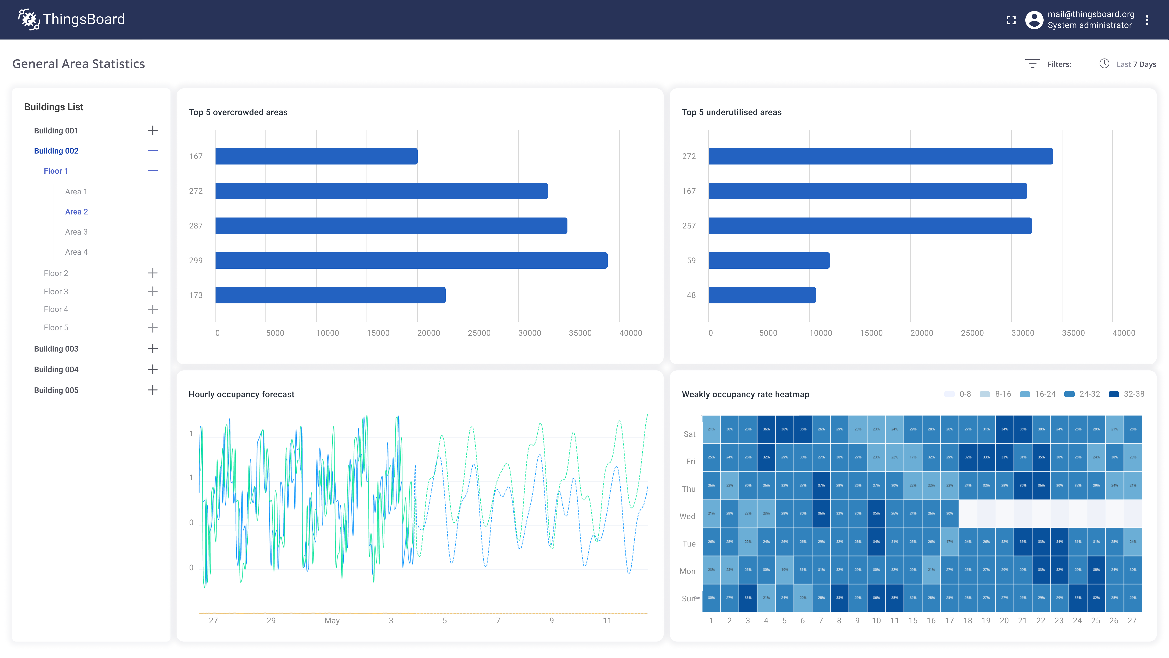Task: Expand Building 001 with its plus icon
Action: click(152, 131)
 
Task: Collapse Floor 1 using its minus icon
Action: click(152, 171)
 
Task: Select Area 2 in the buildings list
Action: click(76, 212)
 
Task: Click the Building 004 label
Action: click(56, 369)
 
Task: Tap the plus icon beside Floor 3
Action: click(152, 291)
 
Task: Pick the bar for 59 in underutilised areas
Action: click(769, 260)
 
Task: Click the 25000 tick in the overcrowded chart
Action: click(479, 333)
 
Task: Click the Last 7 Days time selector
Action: click(1128, 64)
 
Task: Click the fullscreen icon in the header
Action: click(1011, 20)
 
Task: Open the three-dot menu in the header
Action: click(1147, 20)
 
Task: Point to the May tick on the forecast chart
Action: click(332, 620)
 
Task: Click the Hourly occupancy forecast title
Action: click(242, 394)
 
